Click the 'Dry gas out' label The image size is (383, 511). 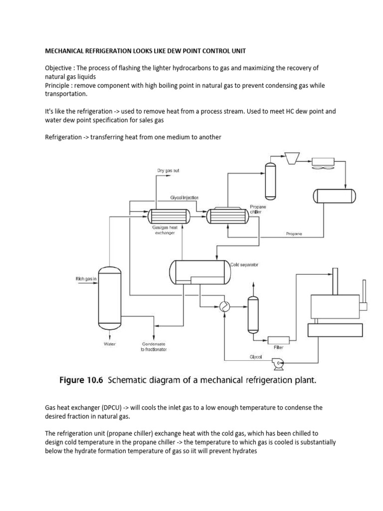click(168, 171)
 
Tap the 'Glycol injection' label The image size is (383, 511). click(185, 198)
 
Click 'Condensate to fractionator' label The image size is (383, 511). click(154, 346)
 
